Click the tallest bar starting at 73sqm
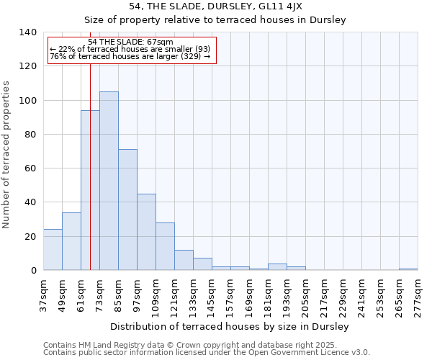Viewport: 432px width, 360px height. [x=109, y=181]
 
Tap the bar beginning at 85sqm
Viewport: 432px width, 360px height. [x=127, y=210]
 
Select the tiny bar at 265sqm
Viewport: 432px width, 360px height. [x=408, y=269]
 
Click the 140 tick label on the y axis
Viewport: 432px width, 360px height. [x=28, y=32]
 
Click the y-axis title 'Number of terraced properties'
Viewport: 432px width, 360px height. [x=7, y=155]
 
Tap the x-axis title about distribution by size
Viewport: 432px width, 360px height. [x=230, y=327]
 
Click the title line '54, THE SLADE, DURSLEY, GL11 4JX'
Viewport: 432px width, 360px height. [x=216, y=6]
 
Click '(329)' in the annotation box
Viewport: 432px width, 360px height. [x=190, y=57]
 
